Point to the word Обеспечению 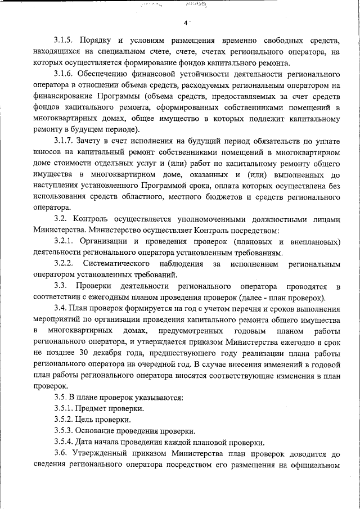pos(106,74)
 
